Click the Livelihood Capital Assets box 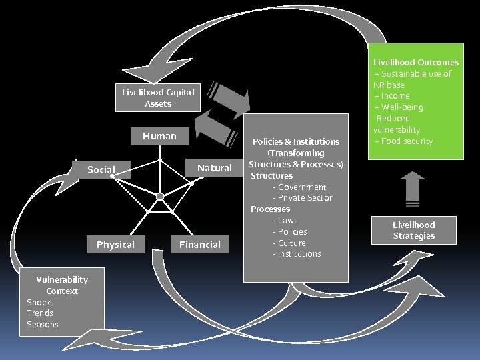(x=158, y=98)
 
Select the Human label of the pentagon (x=159, y=136)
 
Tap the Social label (x=101, y=170)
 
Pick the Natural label (x=214, y=168)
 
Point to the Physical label (x=115, y=245)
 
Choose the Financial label (x=199, y=245)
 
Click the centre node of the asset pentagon (x=160, y=196)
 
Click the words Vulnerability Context (x=61, y=285)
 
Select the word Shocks (x=40, y=302)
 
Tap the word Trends (x=40, y=313)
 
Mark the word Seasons (x=43, y=325)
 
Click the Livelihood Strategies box (x=413, y=230)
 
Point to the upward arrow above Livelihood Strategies (x=413, y=187)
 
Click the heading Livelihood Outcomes (x=416, y=62)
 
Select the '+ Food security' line (x=404, y=141)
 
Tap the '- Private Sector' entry (x=302, y=198)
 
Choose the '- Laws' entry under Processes (x=285, y=220)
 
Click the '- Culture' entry (x=289, y=243)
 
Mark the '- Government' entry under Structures (x=299, y=187)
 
